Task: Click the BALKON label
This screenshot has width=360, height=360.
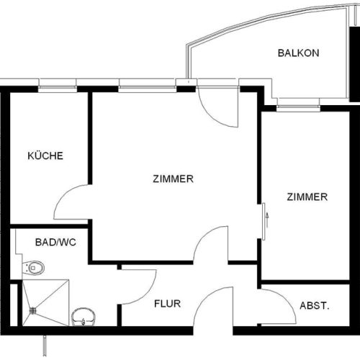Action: [x=299, y=53]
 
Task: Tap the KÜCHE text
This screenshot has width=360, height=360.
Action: [x=45, y=156]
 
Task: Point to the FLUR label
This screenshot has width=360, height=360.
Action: [x=167, y=304]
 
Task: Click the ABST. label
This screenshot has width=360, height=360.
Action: [x=314, y=306]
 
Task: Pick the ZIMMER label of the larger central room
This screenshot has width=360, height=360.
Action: [x=173, y=179]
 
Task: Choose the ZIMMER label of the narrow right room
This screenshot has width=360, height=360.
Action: [x=307, y=197]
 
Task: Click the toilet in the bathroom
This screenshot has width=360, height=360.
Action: [x=34, y=268]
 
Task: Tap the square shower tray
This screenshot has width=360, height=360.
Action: [x=45, y=302]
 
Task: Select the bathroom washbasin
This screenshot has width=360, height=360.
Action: [x=84, y=315]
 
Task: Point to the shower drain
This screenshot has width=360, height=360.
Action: [x=32, y=311]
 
